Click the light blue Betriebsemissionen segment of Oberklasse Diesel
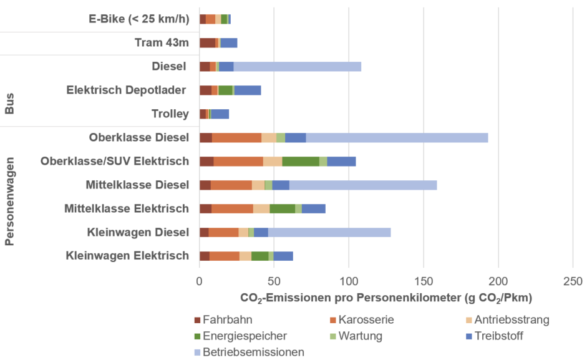tap(397, 137)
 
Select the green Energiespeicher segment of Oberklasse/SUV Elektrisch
tap(301, 161)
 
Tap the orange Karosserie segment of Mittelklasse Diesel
tap(231, 185)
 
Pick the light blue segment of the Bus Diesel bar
tap(297, 66)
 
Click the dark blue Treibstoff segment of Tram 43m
tap(229, 42)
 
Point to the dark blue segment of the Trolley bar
tap(220, 114)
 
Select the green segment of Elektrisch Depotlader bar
tap(225, 90)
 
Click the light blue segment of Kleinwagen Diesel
tap(329, 232)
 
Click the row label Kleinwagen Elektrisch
tap(127, 255)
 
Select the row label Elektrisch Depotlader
tap(126, 90)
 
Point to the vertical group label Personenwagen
tap(10, 197)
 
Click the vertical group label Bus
tap(10, 104)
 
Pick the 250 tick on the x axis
tap(573, 281)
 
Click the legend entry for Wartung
tap(359, 336)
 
